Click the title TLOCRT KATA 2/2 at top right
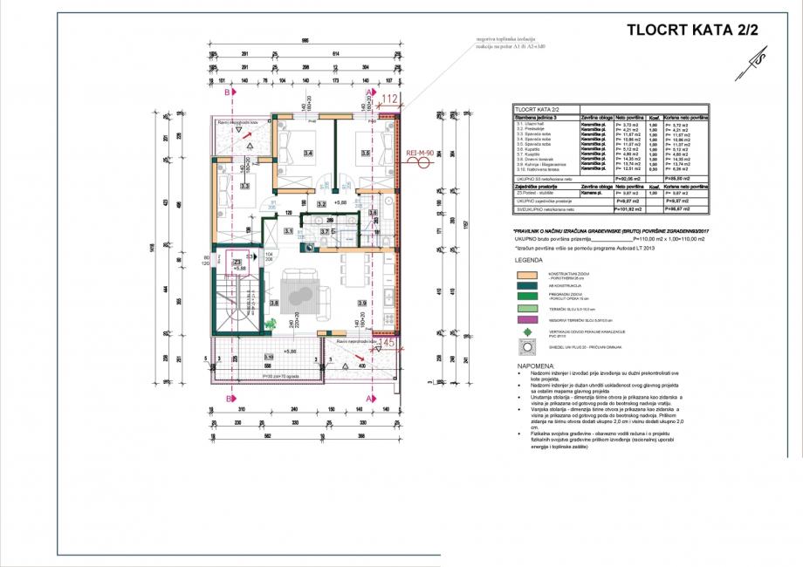(x=693, y=29)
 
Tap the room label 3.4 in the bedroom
(x=307, y=154)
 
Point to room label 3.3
(x=245, y=186)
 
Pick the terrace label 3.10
(x=269, y=358)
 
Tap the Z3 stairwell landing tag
(x=237, y=261)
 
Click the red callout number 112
(x=389, y=99)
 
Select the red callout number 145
(x=389, y=344)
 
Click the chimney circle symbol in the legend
(x=525, y=347)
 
